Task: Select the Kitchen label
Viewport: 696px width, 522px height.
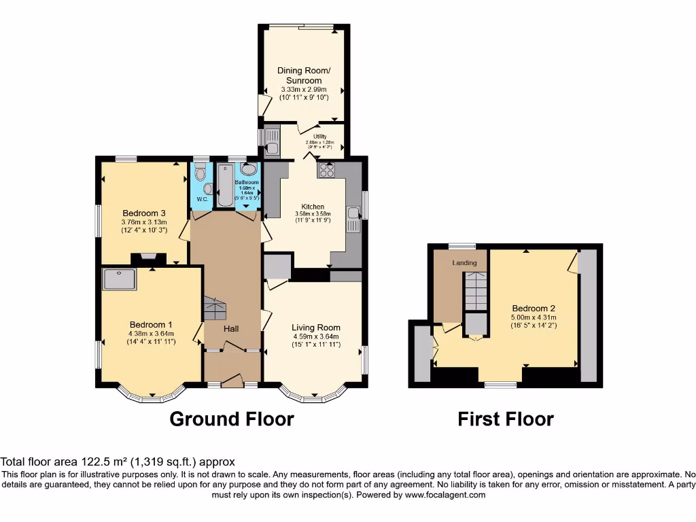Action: coord(313,207)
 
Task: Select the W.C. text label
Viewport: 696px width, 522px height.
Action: coord(202,199)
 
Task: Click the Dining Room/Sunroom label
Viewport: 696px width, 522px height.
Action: coord(304,75)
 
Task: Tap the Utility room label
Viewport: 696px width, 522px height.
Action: coord(319,137)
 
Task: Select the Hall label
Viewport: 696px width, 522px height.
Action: coord(231,329)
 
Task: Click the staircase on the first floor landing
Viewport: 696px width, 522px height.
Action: coord(476,292)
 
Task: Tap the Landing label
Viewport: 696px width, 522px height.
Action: coord(465,262)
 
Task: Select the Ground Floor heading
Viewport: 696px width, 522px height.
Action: coord(231,419)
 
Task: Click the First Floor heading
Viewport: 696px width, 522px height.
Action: coord(505,419)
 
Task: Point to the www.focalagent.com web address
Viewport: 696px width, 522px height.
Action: coord(445,495)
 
